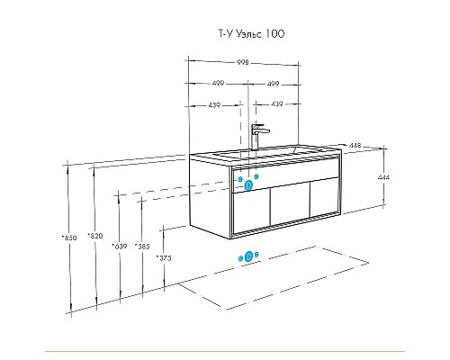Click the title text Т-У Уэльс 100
tap(251, 34)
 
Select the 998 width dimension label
tap(243, 62)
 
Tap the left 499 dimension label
tap(218, 83)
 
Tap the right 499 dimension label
tap(273, 84)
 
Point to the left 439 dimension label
tap(214, 105)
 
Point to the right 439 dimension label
tap(277, 103)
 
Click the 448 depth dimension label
tap(355, 146)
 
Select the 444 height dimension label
tap(383, 177)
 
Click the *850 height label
tap(69, 238)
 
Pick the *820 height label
tap(95, 236)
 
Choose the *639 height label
tap(120, 247)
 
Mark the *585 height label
tap(142, 247)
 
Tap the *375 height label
tap(164, 257)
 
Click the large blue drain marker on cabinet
tap(248, 185)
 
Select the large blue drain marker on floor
tap(248, 256)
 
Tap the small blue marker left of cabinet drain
tap(240, 179)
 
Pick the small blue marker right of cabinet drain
tap(256, 176)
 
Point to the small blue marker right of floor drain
tap(256, 255)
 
